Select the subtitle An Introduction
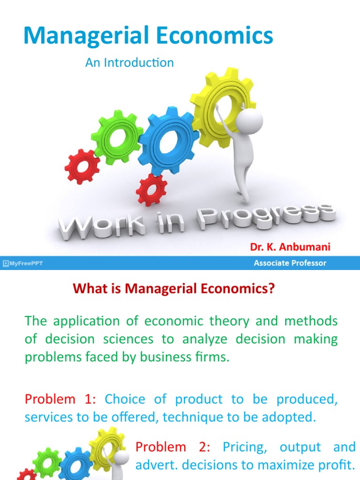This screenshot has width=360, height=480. pos(129,63)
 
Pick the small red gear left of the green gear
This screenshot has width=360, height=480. pos(82,166)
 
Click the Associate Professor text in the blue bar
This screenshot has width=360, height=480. pos(290,263)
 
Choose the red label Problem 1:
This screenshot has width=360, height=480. pos(60,399)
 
